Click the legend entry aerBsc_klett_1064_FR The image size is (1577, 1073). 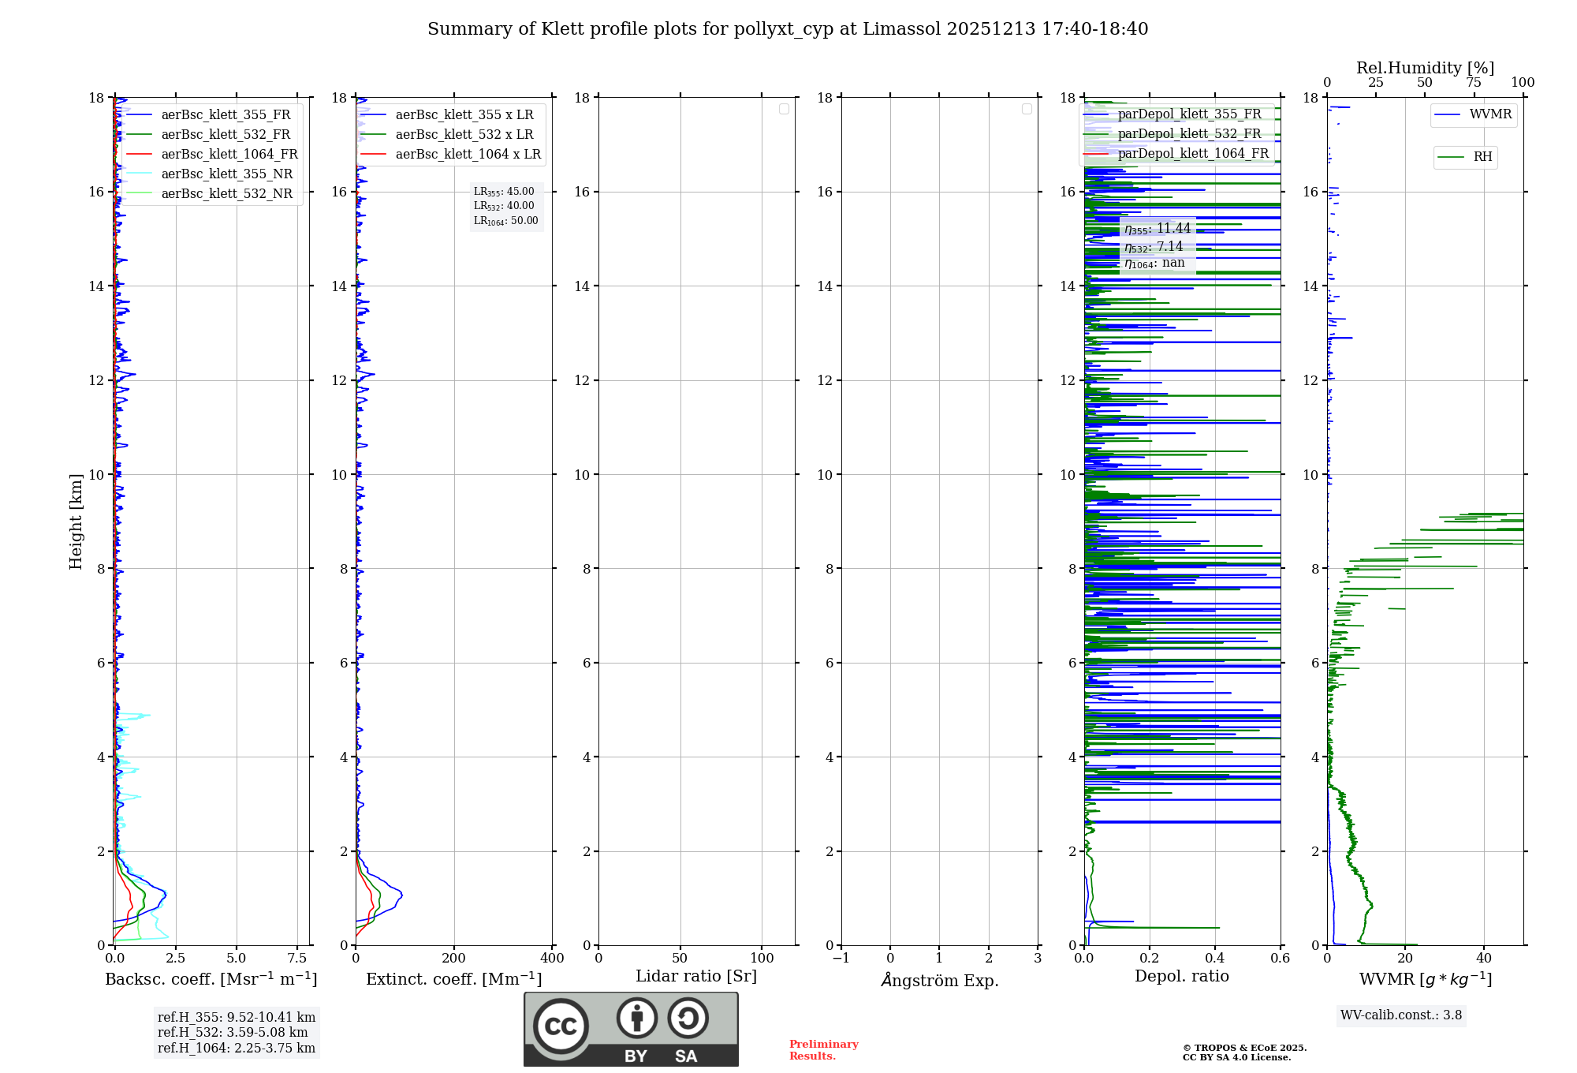click(229, 155)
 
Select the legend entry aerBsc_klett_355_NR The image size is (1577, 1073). click(226, 174)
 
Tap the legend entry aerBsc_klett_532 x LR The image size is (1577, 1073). click(464, 135)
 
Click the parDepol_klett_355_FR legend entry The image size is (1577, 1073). click(1189, 114)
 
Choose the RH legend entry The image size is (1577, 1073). click(1482, 157)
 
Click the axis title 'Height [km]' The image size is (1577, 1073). click(76, 521)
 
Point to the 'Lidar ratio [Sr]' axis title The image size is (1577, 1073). click(696, 977)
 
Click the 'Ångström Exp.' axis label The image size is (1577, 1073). click(939, 981)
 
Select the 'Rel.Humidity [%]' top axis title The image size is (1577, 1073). click(1425, 68)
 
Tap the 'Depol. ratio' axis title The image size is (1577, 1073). click(1181, 977)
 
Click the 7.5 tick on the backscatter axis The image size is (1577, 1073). click(297, 959)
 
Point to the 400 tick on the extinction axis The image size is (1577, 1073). click(552, 959)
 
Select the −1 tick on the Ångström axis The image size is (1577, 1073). click(841, 959)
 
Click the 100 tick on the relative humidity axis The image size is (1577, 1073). click(1523, 83)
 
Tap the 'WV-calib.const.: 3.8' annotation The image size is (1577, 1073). click(1401, 1015)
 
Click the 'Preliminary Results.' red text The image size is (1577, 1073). click(823, 1050)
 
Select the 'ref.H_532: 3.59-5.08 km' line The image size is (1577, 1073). click(233, 1033)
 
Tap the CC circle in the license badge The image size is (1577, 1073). click(561, 1026)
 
